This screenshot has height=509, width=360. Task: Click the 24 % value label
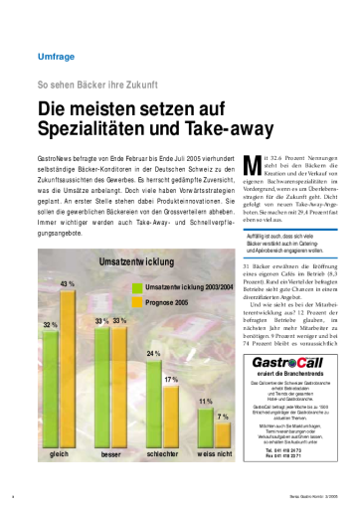point(154,353)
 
